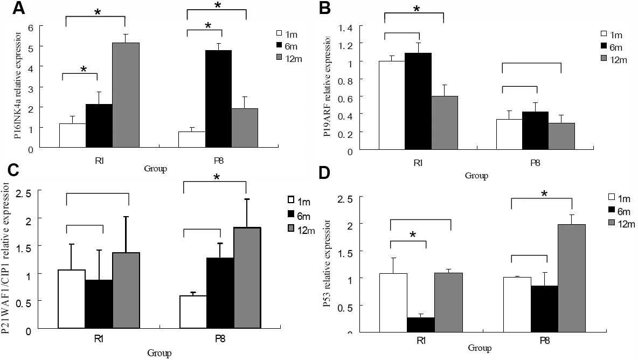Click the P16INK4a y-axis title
[18, 87]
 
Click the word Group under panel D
[479, 348]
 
